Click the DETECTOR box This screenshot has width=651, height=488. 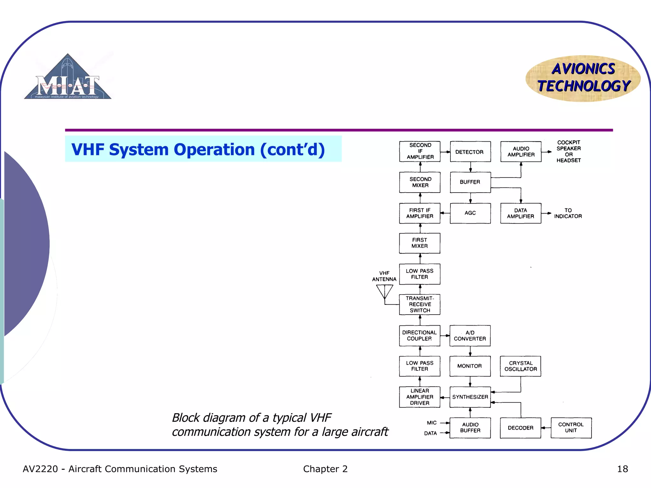tap(470, 152)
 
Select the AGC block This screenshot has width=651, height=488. tap(470, 213)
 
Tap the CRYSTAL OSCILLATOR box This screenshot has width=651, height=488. tap(520, 366)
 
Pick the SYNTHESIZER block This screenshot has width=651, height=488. tap(470, 397)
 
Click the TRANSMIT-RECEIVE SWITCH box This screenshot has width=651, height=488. tap(420, 304)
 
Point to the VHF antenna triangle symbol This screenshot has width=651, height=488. tap(385, 291)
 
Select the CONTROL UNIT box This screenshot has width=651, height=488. tap(571, 428)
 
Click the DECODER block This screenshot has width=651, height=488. tap(520, 428)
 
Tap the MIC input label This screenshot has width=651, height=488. tap(432, 423)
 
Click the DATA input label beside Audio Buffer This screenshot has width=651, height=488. tap(430, 433)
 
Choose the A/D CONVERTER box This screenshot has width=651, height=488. tap(470, 336)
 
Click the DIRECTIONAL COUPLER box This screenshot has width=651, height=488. tap(420, 336)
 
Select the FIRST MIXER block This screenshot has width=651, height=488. tap(420, 243)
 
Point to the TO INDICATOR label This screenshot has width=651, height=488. tap(568, 213)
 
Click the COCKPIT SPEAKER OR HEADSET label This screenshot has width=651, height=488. tap(569, 152)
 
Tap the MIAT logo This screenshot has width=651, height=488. tap(68, 78)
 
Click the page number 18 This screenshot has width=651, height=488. tap(622, 469)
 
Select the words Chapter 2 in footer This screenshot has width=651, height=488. tap(325, 469)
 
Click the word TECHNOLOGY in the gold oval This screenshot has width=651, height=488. tap(584, 86)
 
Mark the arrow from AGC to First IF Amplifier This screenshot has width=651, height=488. tap(445, 213)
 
